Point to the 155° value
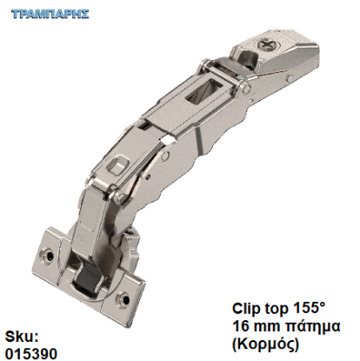(x=304, y=309)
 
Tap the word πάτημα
(x=310, y=326)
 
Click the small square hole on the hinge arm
(x=117, y=161)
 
